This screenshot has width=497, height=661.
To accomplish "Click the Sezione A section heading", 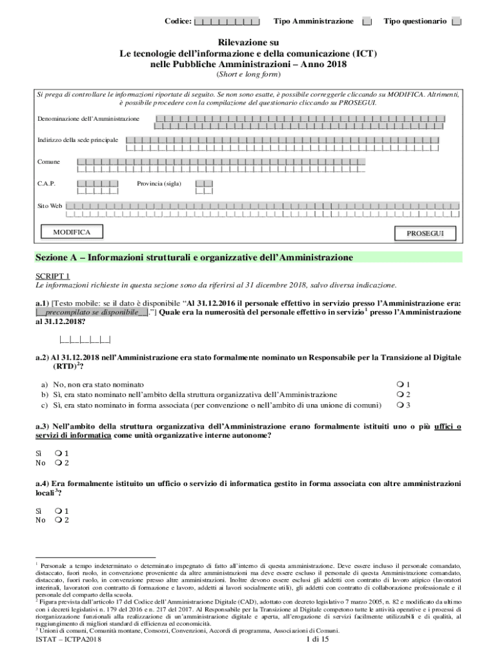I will point(194,258).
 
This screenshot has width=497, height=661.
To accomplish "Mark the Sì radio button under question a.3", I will point(59,454).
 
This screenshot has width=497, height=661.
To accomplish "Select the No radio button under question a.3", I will point(59,463).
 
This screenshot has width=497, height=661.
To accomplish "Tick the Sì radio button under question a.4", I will point(59,511).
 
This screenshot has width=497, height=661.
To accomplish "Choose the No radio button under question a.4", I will point(59,520).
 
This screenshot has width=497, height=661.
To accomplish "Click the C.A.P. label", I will point(46,184).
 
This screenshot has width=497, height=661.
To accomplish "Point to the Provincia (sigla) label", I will point(159,184).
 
